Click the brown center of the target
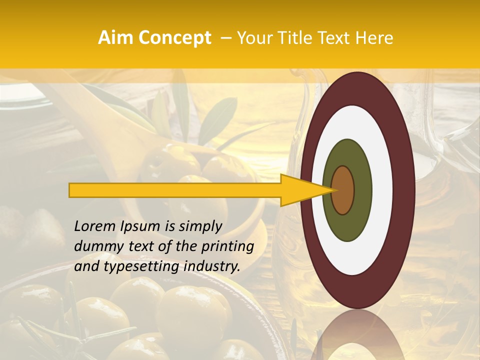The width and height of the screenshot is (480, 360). pos(343,190)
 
